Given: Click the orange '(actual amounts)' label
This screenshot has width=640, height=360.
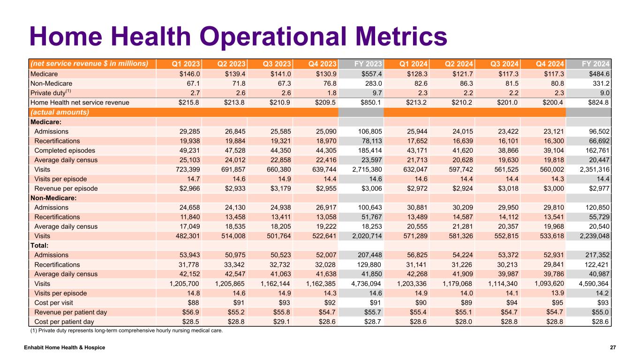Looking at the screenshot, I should pos(60,112).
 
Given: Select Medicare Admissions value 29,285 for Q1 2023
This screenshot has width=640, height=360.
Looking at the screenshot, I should pos(188,132).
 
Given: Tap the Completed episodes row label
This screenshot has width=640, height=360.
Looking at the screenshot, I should pos(65,150).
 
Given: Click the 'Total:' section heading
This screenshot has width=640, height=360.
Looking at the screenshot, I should pos(39,245).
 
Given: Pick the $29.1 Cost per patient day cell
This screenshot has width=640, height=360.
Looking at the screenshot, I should pos(282,322).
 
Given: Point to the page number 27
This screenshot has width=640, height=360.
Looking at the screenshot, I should pos(612,347).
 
